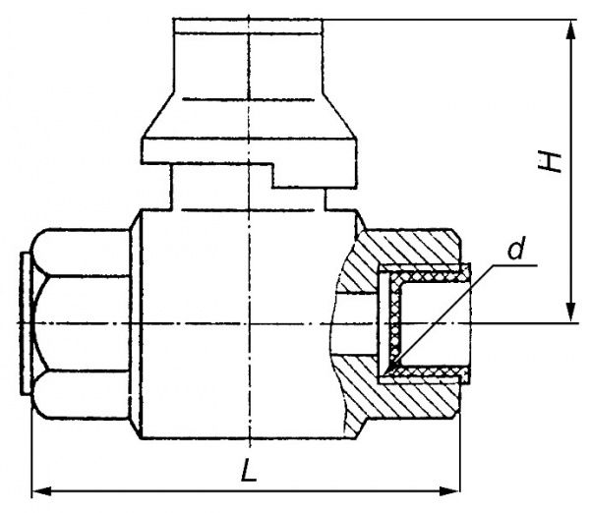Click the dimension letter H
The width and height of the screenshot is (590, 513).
coord(550,162)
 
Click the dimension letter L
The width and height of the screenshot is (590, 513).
coord(249,470)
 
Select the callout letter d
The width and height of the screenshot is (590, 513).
coord(516,248)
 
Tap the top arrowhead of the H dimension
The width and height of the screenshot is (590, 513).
coord(571,30)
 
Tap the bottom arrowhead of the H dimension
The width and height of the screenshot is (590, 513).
coord(571,312)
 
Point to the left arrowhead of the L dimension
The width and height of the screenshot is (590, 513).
coord(42,490)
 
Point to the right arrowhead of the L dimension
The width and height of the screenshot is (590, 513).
coord(449,490)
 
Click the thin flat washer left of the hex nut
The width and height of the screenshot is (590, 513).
coord(26,324)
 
